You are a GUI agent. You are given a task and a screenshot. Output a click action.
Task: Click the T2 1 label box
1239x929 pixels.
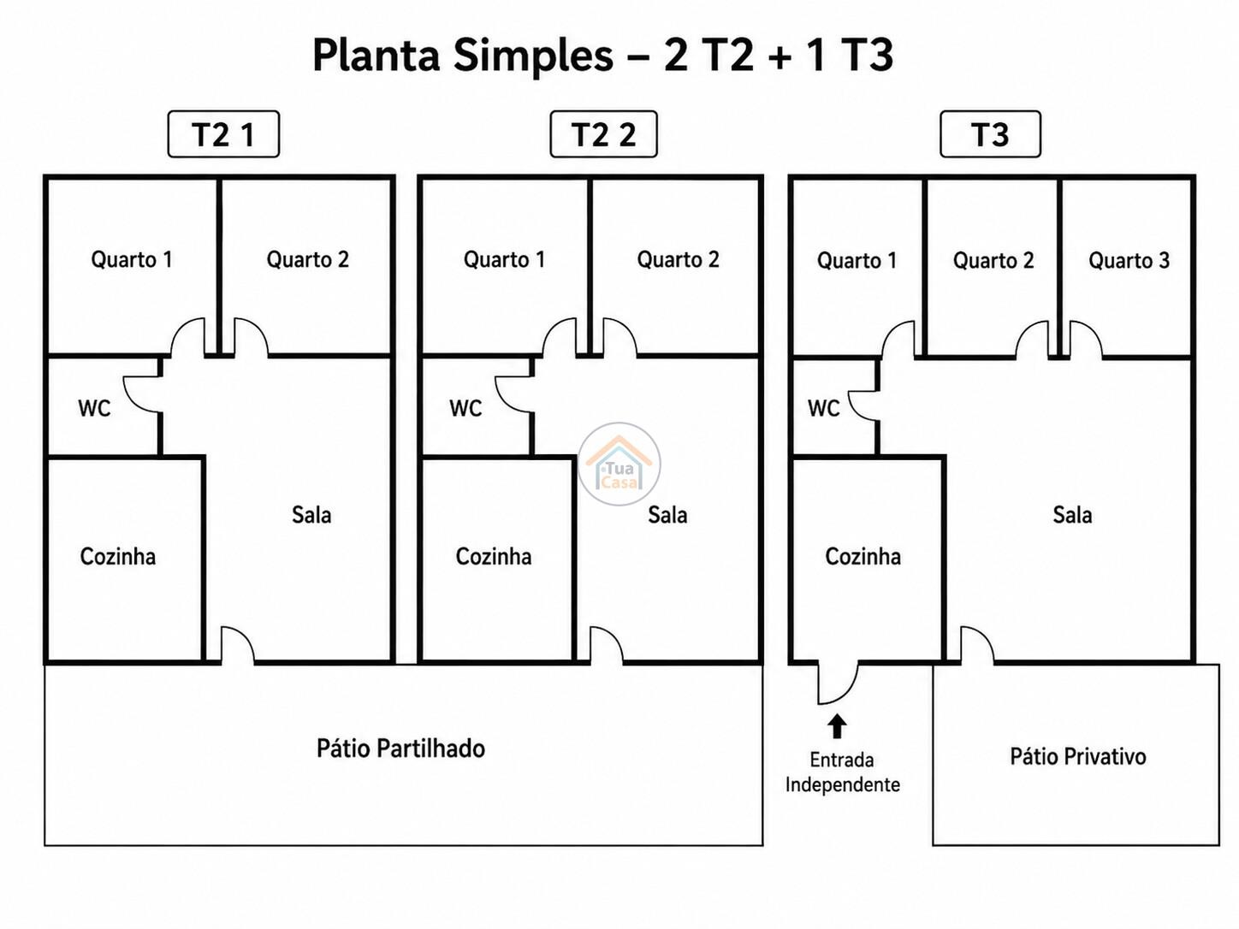click(223, 133)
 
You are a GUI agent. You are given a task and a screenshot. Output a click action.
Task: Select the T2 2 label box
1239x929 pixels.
click(603, 133)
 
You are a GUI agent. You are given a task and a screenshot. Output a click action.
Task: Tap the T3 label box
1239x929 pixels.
click(990, 133)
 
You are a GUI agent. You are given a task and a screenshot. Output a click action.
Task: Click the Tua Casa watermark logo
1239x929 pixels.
click(619, 464)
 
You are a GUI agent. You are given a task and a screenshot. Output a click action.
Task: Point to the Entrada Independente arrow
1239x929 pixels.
click(837, 726)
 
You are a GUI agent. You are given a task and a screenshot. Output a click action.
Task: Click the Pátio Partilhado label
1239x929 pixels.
click(400, 749)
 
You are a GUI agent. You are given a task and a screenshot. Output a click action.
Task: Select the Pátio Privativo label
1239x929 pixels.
click(1078, 756)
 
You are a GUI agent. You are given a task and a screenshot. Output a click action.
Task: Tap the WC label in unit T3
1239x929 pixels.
click(823, 408)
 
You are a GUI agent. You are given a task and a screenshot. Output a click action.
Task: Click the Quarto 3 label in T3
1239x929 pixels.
click(1129, 260)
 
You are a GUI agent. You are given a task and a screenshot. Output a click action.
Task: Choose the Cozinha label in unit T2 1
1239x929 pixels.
click(118, 556)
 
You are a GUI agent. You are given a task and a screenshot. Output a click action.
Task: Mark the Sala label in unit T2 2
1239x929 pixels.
click(667, 514)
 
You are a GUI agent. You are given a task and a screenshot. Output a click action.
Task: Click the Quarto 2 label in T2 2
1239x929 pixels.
click(678, 259)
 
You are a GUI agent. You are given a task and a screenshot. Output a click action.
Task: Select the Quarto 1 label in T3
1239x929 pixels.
click(857, 260)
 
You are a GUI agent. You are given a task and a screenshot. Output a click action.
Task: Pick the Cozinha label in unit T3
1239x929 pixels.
click(863, 556)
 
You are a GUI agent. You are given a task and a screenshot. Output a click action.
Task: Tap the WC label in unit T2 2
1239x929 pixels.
click(465, 408)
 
